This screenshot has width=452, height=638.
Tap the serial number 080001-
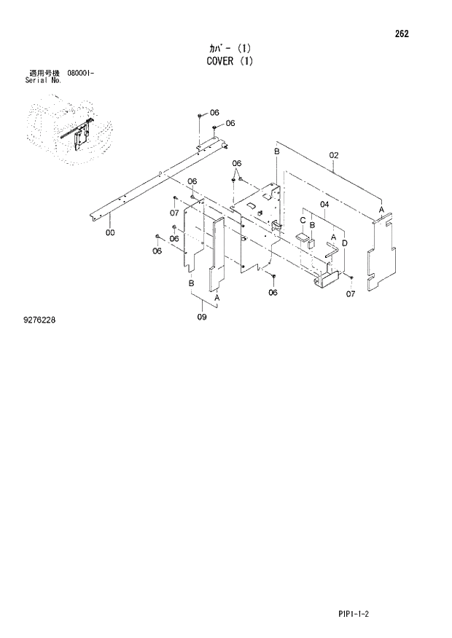(80, 74)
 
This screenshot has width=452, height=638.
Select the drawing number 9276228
(39, 318)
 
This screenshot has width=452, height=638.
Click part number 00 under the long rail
(110, 233)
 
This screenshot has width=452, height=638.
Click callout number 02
(334, 154)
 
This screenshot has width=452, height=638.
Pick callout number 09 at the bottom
(202, 316)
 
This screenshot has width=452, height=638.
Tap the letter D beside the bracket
(344, 243)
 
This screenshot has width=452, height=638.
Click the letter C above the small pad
(302, 220)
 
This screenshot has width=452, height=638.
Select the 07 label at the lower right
(350, 294)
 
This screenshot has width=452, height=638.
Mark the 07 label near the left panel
(174, 213)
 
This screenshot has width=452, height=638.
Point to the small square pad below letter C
(302, 238)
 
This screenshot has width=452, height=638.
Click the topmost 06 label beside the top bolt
(214, 112)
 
